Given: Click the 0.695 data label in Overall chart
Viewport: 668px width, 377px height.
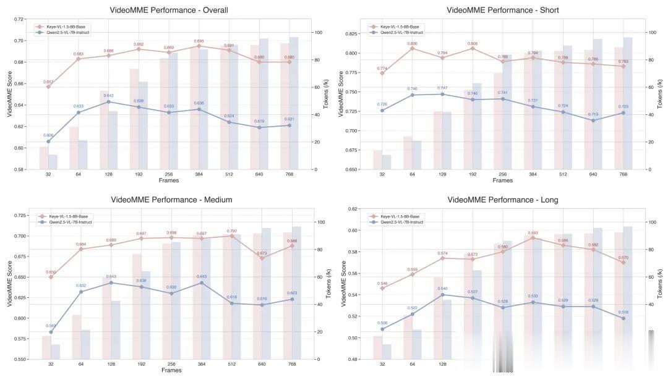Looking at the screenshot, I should point(199,41).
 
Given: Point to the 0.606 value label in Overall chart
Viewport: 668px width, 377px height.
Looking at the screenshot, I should point(48,135).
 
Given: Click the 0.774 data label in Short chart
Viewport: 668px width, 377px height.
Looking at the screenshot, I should point(382,68).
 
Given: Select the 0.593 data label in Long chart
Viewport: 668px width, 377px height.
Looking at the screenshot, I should point(533,232).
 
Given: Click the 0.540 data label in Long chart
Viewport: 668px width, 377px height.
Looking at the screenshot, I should point(442,289).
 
